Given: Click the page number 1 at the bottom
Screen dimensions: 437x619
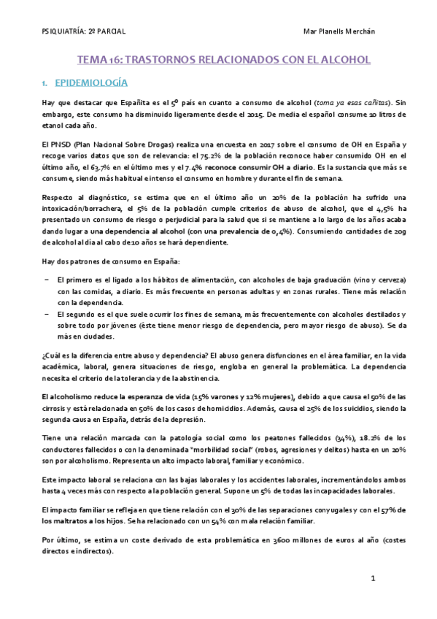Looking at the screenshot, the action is click(x=372, y=578).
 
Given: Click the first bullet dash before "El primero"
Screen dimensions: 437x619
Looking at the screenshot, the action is click(x=47, y=280).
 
